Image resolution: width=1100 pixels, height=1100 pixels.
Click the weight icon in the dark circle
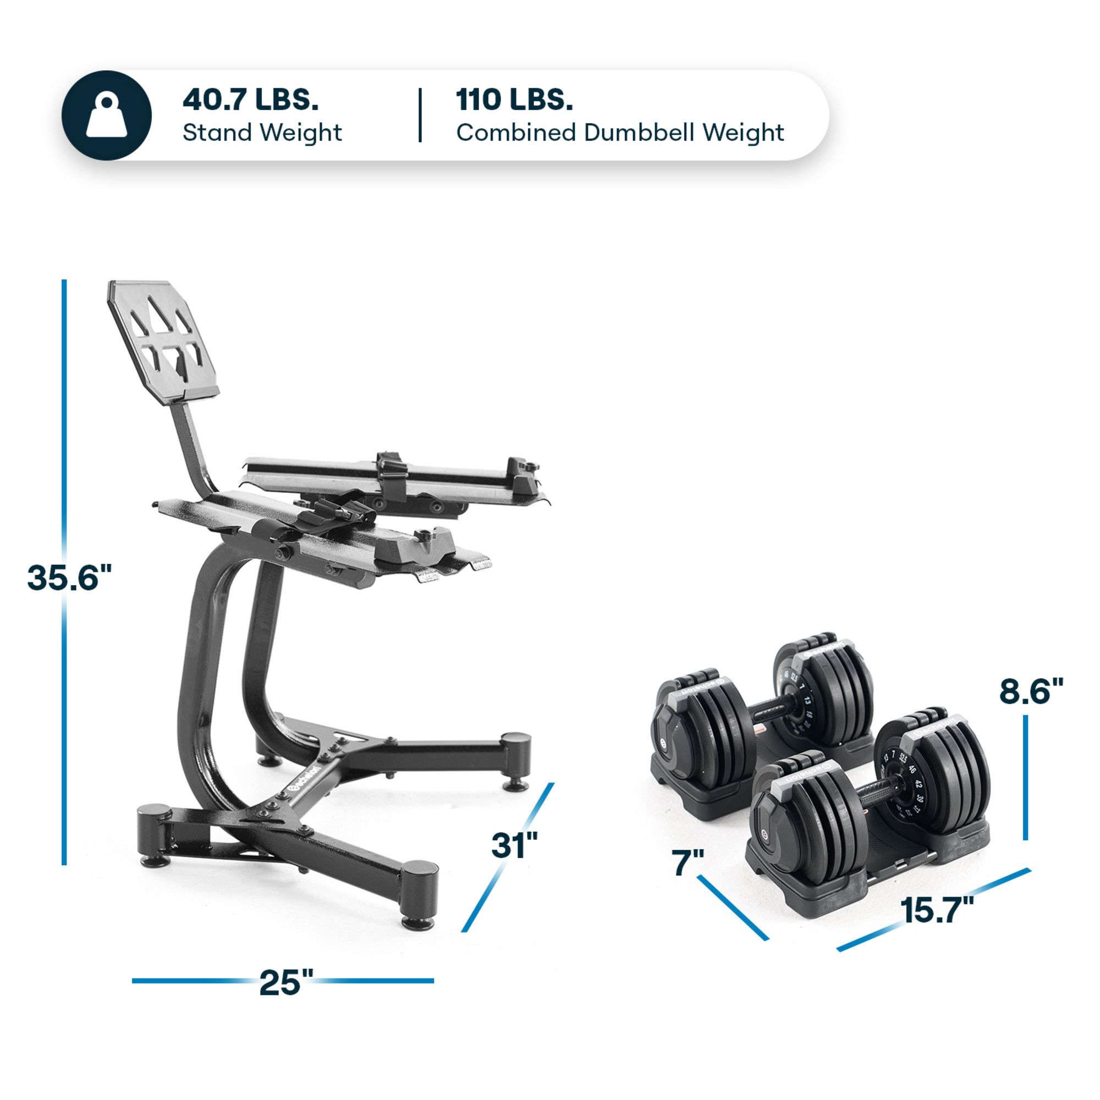107,116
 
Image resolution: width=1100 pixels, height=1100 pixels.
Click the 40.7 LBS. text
250,100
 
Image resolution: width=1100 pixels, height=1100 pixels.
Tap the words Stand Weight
262,133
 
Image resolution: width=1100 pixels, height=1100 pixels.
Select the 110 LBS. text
514,100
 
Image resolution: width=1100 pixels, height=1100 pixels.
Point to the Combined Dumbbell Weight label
619,133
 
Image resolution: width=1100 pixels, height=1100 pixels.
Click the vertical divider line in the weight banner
420,115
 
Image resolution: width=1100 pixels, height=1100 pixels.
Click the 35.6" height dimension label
69,577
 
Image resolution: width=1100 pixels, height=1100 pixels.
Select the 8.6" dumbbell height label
1031,691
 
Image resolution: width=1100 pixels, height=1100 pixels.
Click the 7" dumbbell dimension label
688,862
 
